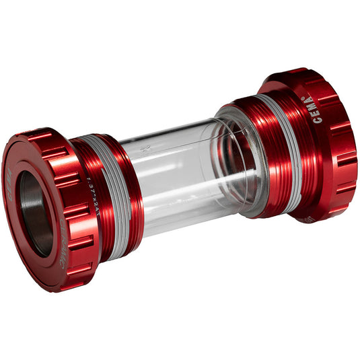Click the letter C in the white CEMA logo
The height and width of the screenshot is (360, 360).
318,121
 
